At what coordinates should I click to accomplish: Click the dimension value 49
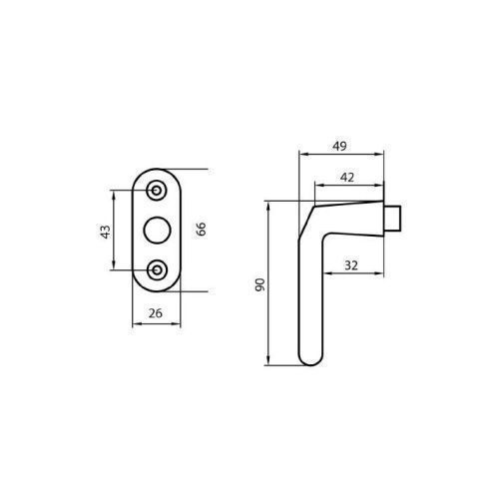point(339,146)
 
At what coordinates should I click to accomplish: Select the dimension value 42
point(347,178)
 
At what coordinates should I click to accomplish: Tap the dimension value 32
point(351,265)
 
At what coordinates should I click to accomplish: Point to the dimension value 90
point(260,284)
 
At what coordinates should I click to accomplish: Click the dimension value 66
point(202,229)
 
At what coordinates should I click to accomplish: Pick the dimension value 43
point(105,232)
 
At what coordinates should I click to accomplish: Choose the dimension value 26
point(156,313)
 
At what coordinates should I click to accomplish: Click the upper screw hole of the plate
point(157,191)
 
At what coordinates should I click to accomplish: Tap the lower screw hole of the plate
point(157,269)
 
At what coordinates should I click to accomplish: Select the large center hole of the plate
point(157,231)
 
